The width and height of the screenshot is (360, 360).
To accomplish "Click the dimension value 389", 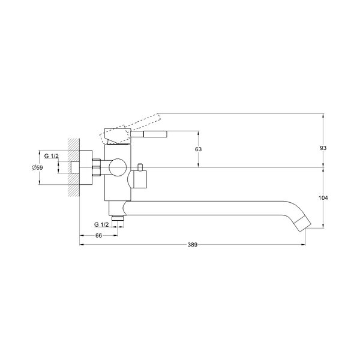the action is pos(193,245).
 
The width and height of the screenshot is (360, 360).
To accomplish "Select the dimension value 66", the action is pos(98,236).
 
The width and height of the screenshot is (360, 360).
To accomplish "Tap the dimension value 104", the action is pos(323,197).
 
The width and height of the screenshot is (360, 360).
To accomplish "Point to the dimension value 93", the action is pos(323,148).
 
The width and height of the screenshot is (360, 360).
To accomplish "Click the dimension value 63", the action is pos(198,149).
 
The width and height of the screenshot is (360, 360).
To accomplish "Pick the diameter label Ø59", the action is pos(37,167).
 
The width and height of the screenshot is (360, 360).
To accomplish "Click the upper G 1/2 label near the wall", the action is pos(52,156).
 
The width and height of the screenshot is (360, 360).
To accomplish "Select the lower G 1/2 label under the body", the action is pos(101,224).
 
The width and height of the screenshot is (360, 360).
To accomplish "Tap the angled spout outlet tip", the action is pos(303,224).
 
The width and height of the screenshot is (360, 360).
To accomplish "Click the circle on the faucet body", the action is pos(118,167).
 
